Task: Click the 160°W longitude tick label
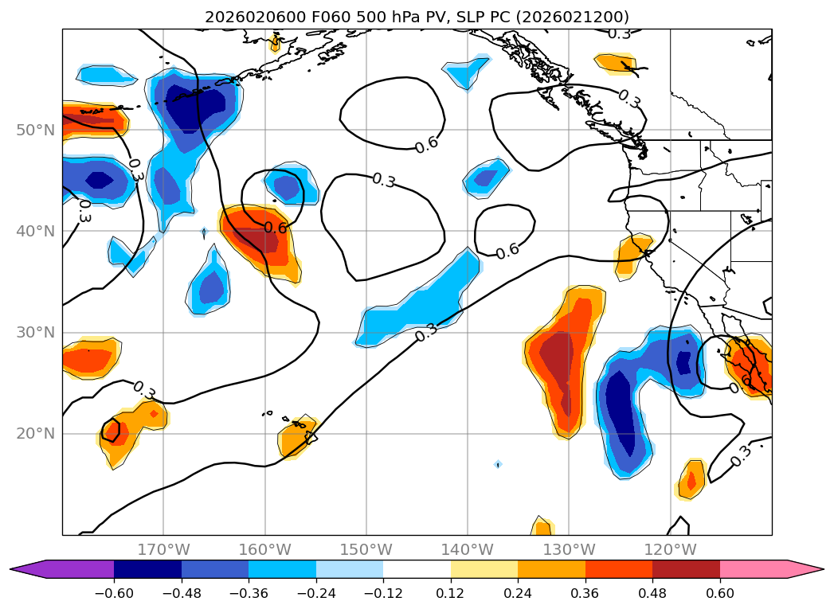[x=264, y=549]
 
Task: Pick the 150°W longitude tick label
[x=366, y=549]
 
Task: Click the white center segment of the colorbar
[x=417, y=568]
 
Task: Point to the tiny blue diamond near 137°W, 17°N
[x=498, y=464]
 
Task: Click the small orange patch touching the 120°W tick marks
[x=691, y=480]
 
